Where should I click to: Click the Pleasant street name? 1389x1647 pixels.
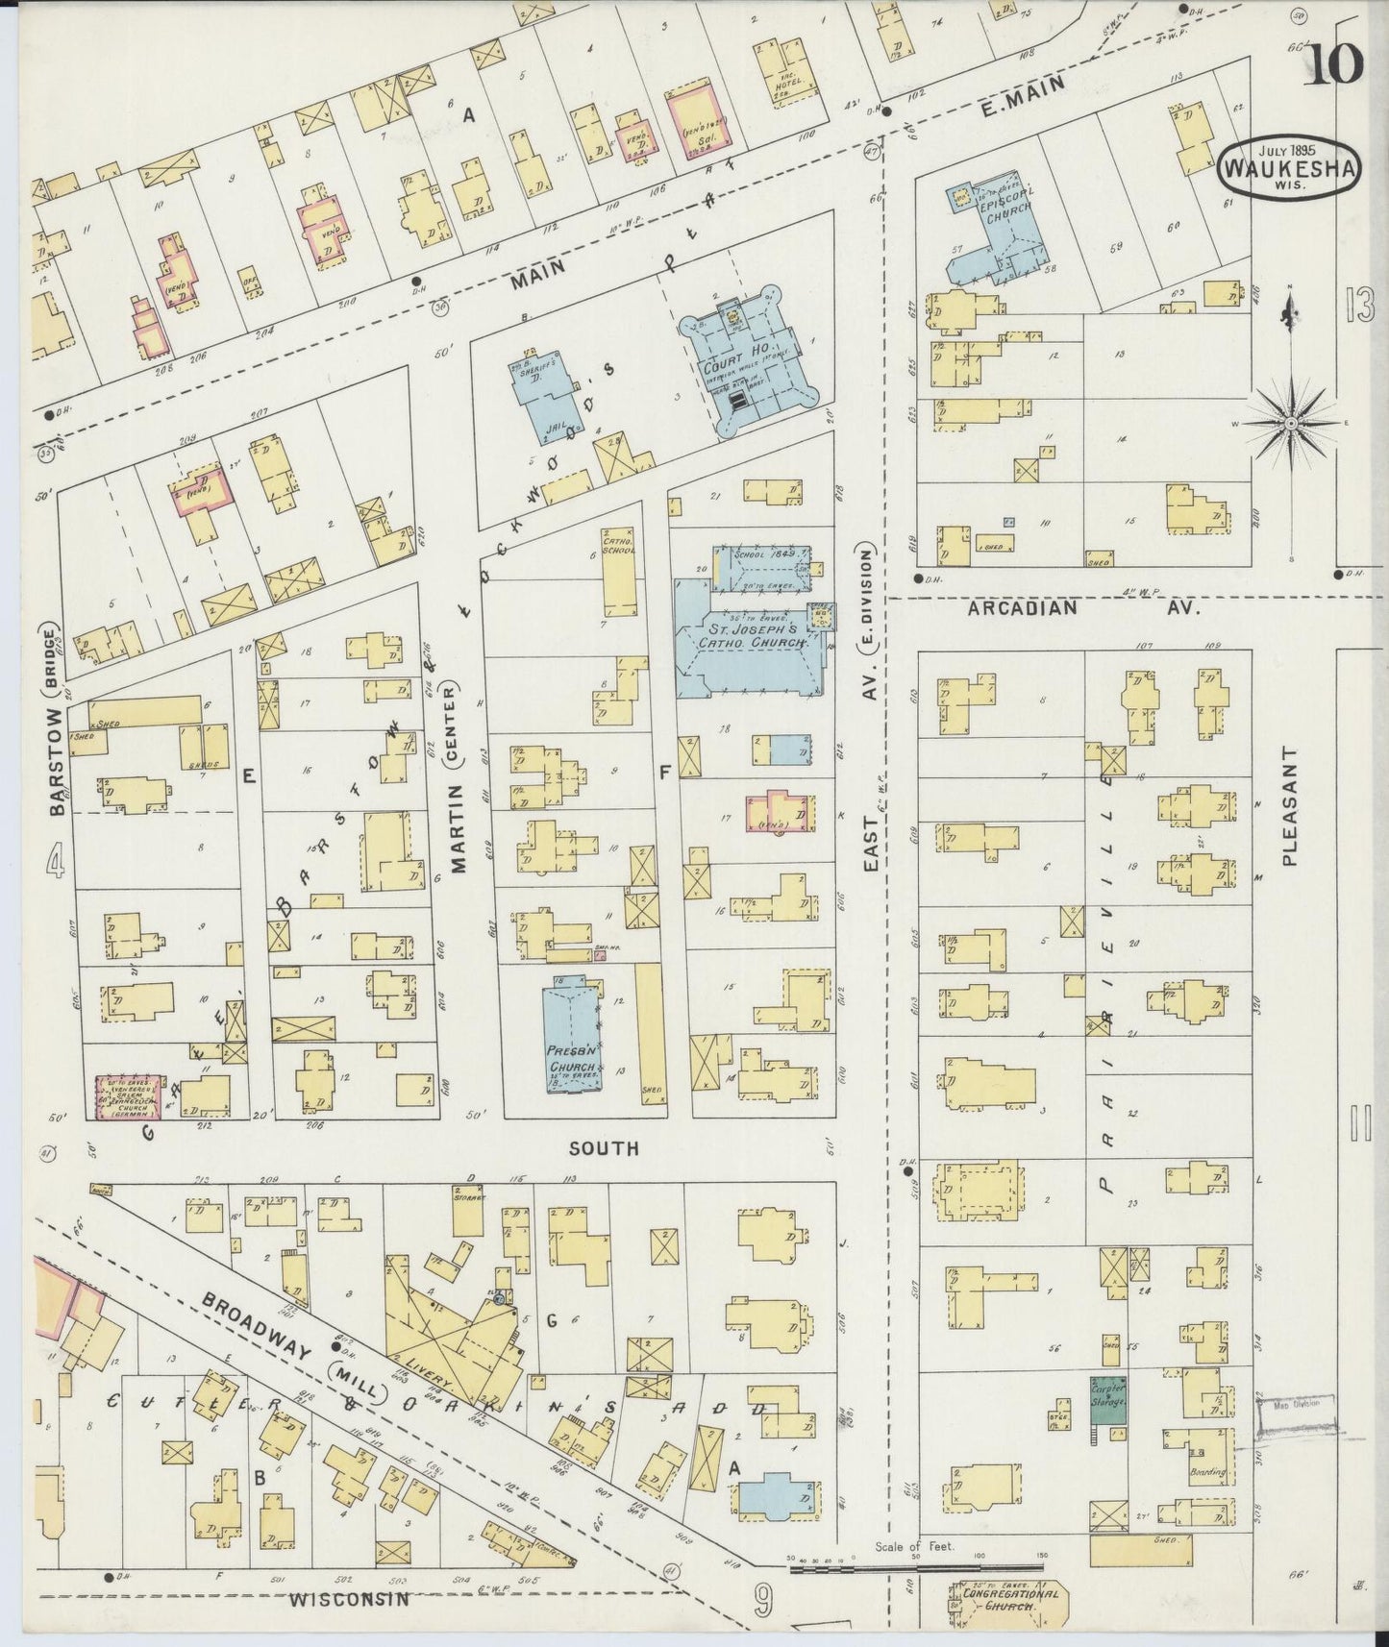(x=1289, y=807)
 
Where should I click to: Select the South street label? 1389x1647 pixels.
(x=604, y=1148)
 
